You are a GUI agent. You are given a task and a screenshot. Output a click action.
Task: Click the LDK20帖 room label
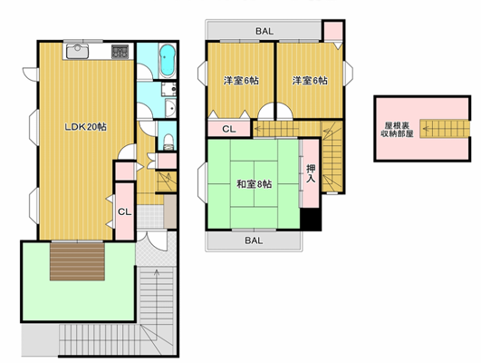click(85, 127)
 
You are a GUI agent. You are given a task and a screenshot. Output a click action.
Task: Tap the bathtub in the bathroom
click(168, 61)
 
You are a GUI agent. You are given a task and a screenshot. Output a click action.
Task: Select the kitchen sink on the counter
click(78, 51)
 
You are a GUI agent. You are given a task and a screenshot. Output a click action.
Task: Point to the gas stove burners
click(120, 52)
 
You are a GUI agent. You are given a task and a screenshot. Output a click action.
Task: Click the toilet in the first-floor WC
click(168, 142)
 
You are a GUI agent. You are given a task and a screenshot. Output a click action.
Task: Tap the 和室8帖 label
click(254, 184)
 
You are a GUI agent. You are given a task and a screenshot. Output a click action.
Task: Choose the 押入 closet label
click(311, 173)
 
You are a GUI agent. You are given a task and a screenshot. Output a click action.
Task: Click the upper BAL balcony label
click(265, 31)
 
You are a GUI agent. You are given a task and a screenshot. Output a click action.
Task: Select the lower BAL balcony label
click(254, 240)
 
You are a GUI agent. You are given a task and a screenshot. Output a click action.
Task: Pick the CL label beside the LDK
click(124, 211)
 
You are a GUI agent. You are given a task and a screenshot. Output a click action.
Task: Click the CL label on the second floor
click(229, 129)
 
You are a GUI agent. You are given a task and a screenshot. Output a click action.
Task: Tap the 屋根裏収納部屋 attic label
click(397, 130)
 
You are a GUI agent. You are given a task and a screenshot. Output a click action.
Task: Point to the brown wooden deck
click(77, 261)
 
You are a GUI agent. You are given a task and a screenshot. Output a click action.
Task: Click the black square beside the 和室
click(311, 219)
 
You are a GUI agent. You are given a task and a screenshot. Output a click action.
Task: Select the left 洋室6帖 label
click(241, 81)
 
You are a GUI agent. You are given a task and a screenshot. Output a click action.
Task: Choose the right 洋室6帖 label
click(310, 81)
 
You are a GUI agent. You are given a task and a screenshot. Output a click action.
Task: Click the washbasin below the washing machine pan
click(170, 108)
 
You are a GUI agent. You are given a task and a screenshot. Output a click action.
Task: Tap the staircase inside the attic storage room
click(445, 129)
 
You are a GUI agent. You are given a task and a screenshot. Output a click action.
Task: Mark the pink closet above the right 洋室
click(333, 30)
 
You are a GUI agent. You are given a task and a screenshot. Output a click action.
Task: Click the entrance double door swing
click(152, 240)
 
